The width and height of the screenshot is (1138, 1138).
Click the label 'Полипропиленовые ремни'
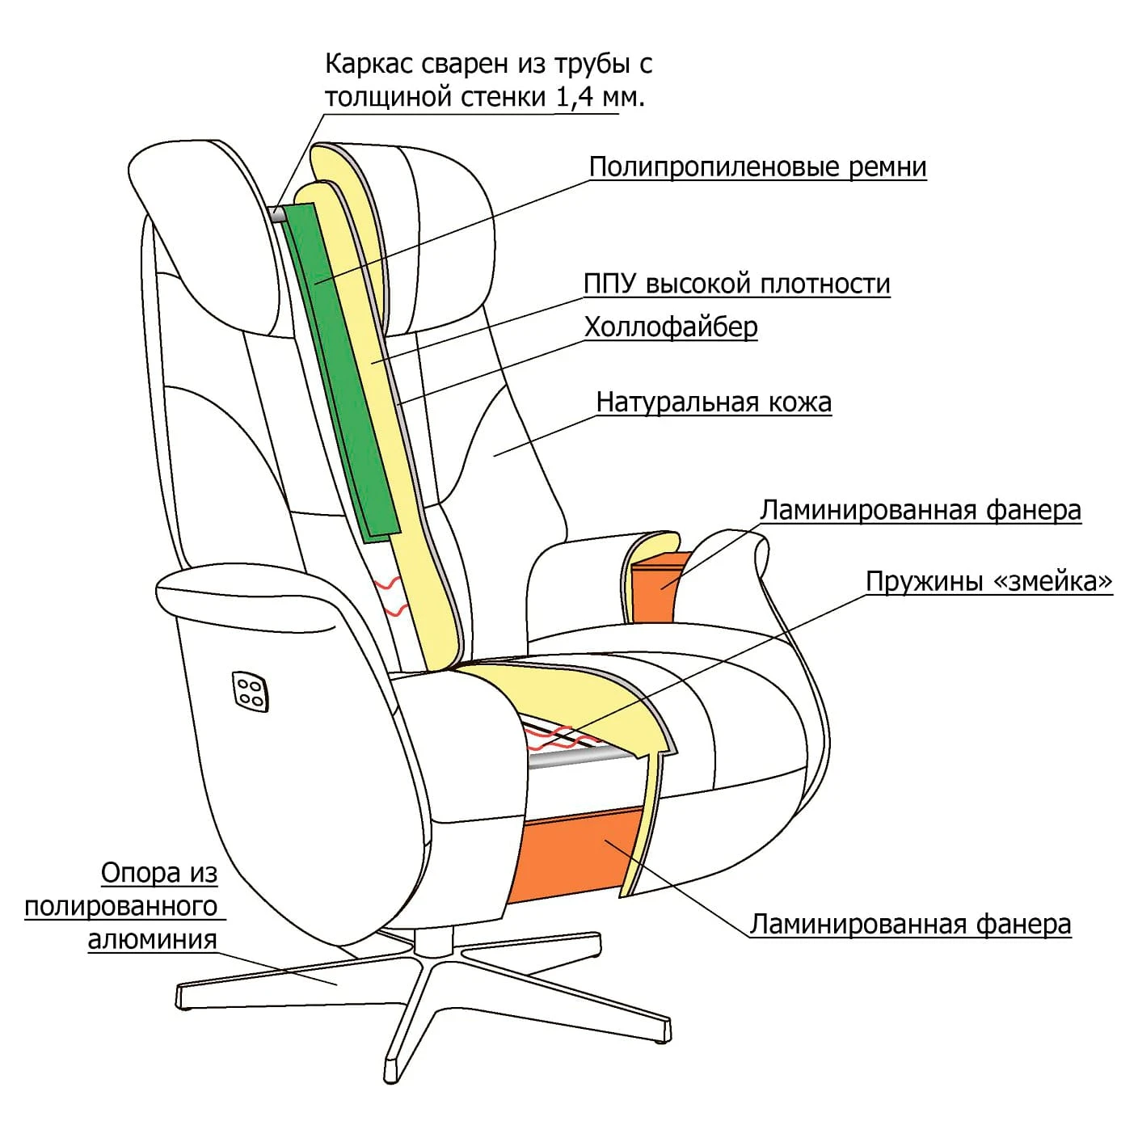[757, 167]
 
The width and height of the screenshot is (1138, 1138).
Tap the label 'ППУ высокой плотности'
[736, 284]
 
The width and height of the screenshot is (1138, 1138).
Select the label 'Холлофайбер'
[671, 327]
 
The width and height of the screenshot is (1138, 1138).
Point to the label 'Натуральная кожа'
[713, 403]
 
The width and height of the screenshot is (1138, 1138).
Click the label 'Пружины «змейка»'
[988, 581]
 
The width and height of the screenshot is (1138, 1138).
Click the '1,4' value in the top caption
[575, 98]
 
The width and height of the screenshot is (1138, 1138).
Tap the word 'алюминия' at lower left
[152, 940]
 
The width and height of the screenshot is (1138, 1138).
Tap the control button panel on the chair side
[250, 691]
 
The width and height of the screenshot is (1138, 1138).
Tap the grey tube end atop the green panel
[276, 214]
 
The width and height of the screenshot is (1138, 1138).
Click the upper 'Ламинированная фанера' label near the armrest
[920, 511]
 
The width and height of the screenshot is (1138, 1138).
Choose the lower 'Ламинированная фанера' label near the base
[910, 925]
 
